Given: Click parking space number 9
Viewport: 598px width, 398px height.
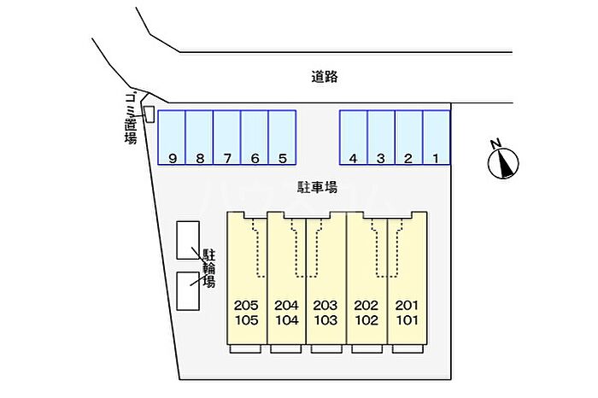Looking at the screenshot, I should [172, 137].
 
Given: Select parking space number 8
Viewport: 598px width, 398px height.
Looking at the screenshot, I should [199, 137].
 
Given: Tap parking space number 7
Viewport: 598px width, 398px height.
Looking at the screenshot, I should [226, 137].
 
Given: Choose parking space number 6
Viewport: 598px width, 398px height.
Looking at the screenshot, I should [254, 137].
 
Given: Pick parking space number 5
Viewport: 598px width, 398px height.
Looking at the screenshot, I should [282, 137].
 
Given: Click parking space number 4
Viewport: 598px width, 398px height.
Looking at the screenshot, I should [354, 137].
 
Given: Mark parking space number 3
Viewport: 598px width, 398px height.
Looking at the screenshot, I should [381, 137].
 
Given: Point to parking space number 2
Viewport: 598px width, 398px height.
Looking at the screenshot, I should [408, 137].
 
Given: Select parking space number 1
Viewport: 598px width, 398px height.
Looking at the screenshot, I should [437, 137].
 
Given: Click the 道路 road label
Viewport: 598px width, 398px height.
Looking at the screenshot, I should [325, 77].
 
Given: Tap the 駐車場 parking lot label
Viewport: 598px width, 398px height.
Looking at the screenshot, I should [317, 186].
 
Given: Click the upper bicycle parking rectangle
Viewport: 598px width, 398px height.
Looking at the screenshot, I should [188, 240].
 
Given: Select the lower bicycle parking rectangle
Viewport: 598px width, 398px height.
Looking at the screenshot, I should [188, 290].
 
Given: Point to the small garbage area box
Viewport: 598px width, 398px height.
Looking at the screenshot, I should [149, 114].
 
